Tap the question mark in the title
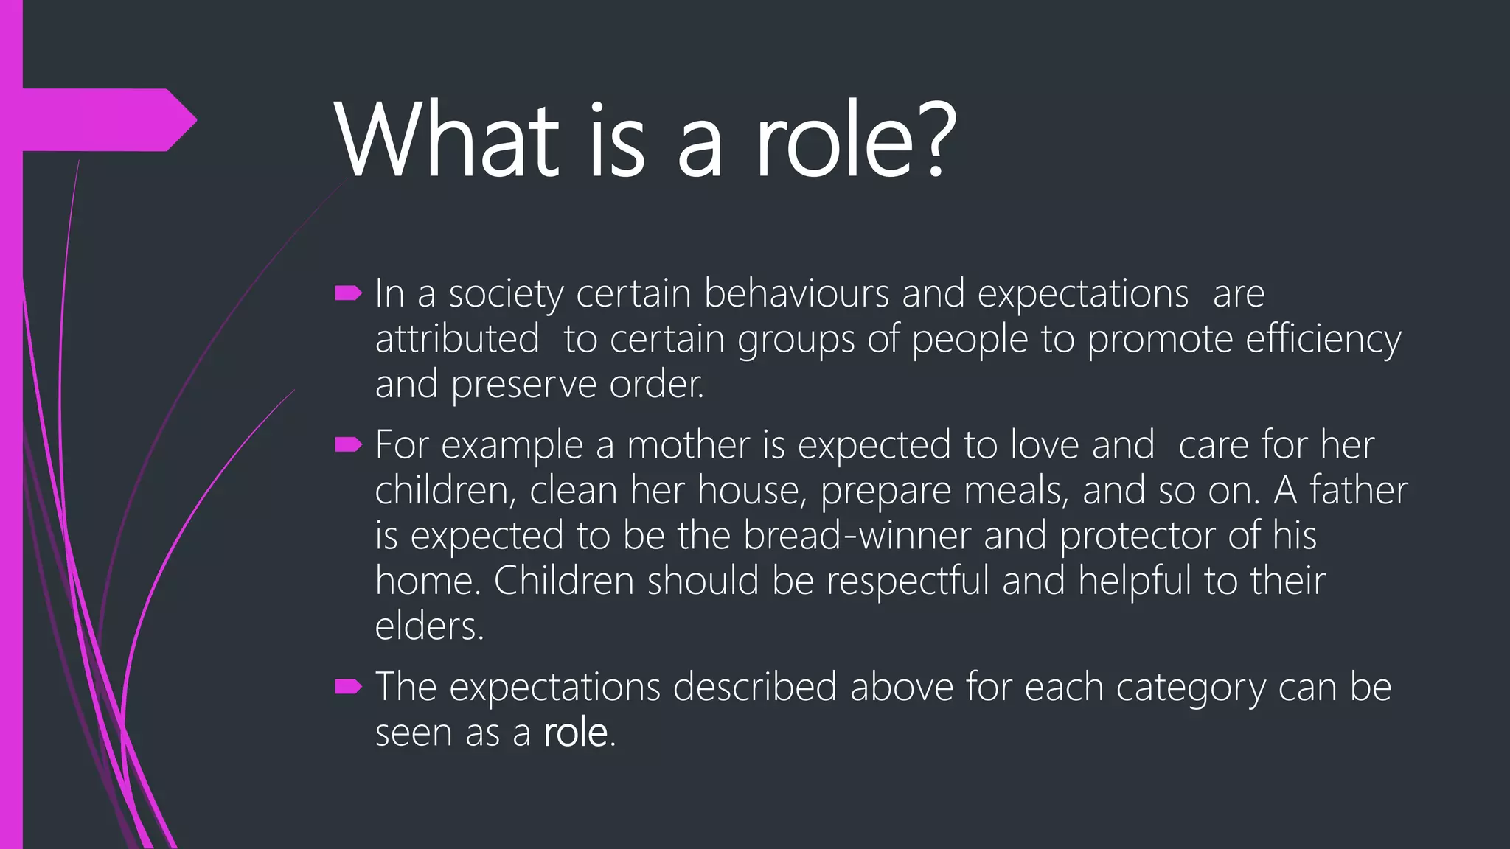pos(936,140)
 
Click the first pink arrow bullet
pos(348,294)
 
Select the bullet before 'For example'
pos(348,445)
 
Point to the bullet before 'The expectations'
pos(348,688)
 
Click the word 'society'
pos(506,294)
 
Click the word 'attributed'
pos(457,340)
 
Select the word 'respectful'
pos(908,581)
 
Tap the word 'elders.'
pos(429,627)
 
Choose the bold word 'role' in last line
pos(575,733)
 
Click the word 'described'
pos(754,688)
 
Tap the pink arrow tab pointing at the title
pos(111,119)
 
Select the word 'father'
pos(1358,491)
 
